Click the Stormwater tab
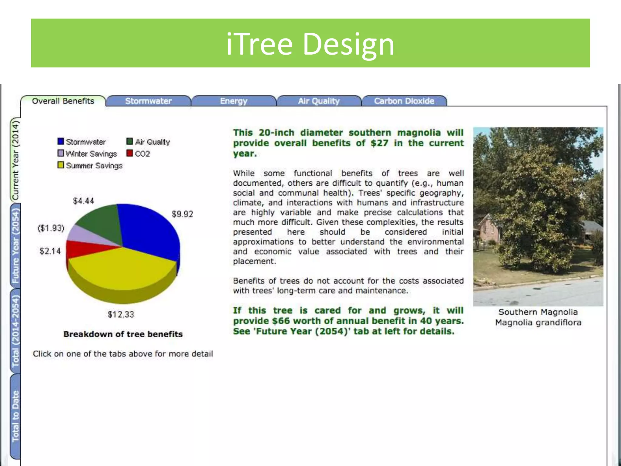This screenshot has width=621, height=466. [x=148, y=101]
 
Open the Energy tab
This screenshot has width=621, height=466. [x=233, y=101]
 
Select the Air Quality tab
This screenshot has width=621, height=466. [x=318, y=101]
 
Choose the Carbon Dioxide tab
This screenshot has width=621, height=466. [x=404, y=101]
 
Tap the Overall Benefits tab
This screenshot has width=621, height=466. [x=63, y=101]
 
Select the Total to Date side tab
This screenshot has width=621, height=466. [x=15, y=416]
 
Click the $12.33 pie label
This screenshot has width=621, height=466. [x=121, y=314]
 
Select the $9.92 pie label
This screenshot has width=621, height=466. [x=182, y=214]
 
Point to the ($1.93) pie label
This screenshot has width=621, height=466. [x=51, y=228]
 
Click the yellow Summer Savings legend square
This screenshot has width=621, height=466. [x=61, y=165]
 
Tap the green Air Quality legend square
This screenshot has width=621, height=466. [x=130, y=141]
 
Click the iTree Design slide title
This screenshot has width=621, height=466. [x=310, y=44]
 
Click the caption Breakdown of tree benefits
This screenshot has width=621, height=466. [x=123, y=334]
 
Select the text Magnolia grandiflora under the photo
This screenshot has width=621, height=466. [x=538, y=322]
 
